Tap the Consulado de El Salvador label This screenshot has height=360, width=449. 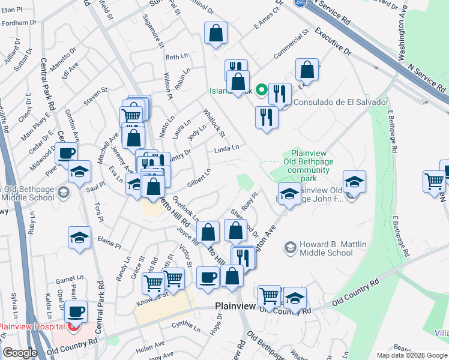click(x=341, y=102)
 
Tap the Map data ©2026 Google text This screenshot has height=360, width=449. click(x=411, y=355)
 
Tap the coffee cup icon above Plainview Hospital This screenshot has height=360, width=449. click(x=76, y=312)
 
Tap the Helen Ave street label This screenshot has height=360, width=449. click(x=150, y=349)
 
